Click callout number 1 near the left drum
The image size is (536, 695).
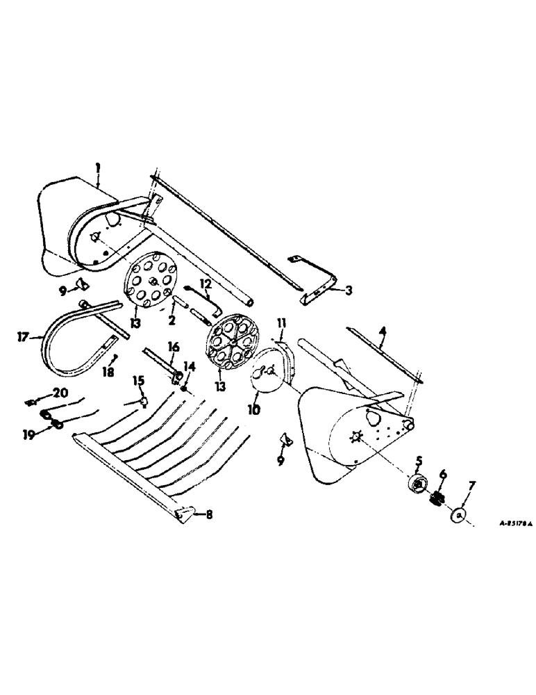98,167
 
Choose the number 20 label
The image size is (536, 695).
60,394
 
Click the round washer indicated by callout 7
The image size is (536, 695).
456,516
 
